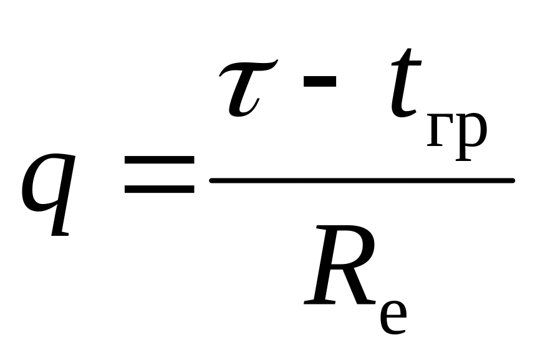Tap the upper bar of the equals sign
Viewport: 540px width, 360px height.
(158, 160)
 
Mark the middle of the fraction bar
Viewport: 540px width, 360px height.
(362, 181)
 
